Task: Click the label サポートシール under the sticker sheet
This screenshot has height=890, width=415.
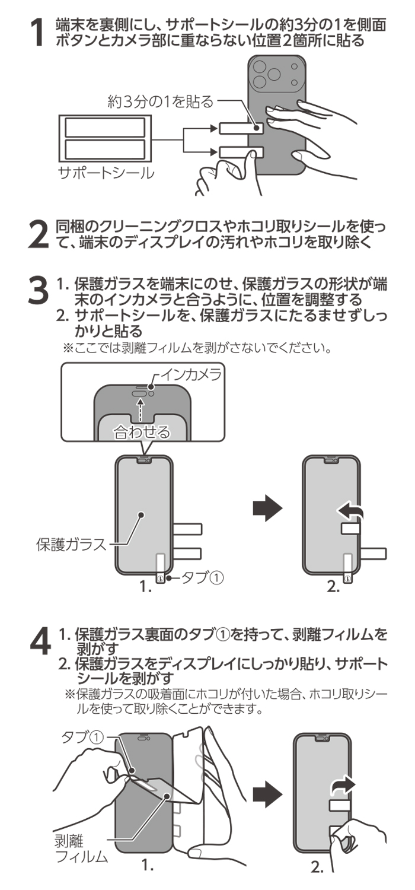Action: (106, 173)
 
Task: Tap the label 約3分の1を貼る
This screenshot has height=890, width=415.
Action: (160, 101)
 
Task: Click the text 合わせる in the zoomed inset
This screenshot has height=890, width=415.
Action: (142, 431)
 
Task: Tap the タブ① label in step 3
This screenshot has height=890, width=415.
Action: (201, 577)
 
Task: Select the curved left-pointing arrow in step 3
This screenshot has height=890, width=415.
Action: (350, 510)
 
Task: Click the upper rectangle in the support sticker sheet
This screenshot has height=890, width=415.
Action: (104, 127)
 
